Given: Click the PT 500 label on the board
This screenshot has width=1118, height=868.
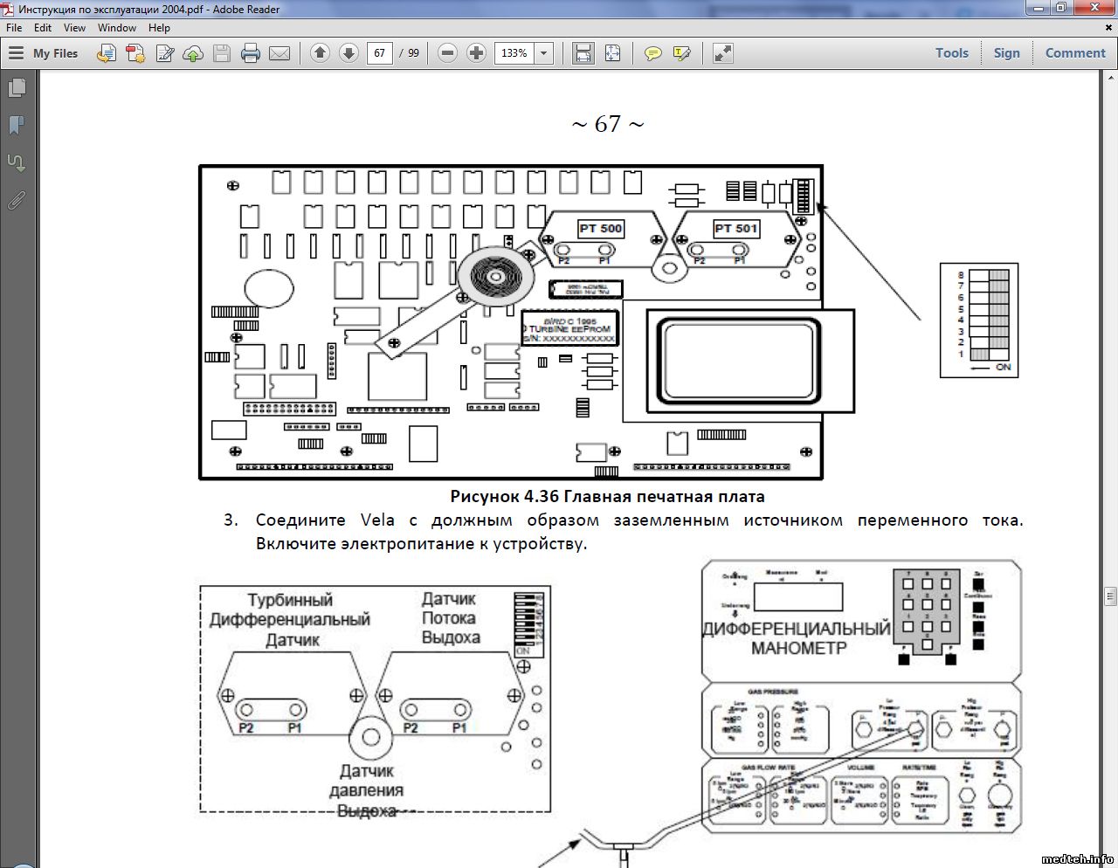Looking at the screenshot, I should pyautogui.click(x=601, y=229).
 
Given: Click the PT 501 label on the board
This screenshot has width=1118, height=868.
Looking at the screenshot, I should pyautogui.click(x=736, y=229).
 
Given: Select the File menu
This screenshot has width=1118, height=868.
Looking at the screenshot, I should pyautogui.click(x=14, y=28).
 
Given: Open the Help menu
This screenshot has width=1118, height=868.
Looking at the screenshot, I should pyautogui.click(x=159, y=28).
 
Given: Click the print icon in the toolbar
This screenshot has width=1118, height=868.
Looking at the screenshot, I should pyautogui.click(x=251, y=53).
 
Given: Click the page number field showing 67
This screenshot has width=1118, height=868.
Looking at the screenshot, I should pyautogui.click(x=380, y=53).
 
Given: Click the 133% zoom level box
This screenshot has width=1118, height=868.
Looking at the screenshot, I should pyautogui.click(x=514, y=53).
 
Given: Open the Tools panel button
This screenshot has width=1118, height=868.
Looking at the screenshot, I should pyautogui.click(x=951, y=53).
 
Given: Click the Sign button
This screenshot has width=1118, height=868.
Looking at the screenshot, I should pyautogui.click(x=1006, y=53).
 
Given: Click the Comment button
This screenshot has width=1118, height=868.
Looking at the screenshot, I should pyautogui.click(x=1075, y=53).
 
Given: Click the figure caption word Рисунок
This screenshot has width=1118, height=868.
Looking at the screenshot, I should pyautogui.click(x=484, y=497).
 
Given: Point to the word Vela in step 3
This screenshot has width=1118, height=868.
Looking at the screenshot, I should pyautogui.click(x=377, y=520).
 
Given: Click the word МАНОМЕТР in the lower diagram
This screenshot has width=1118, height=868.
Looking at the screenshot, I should pyautogui.click(x=798, y=649).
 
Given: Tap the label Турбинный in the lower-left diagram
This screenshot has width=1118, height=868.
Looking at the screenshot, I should pyautogui.click(x=290, y=601).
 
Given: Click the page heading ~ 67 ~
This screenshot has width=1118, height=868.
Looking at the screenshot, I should pyautogui.click(x=608, y=125).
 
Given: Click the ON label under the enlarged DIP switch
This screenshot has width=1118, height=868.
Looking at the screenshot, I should pyautogui.click(x=1003, y=368).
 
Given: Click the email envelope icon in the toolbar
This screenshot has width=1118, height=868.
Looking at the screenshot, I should pyautogui.click(x=279, y=53).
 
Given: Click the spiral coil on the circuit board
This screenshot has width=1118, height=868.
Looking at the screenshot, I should pyautogui.click(x=495, y=277).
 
